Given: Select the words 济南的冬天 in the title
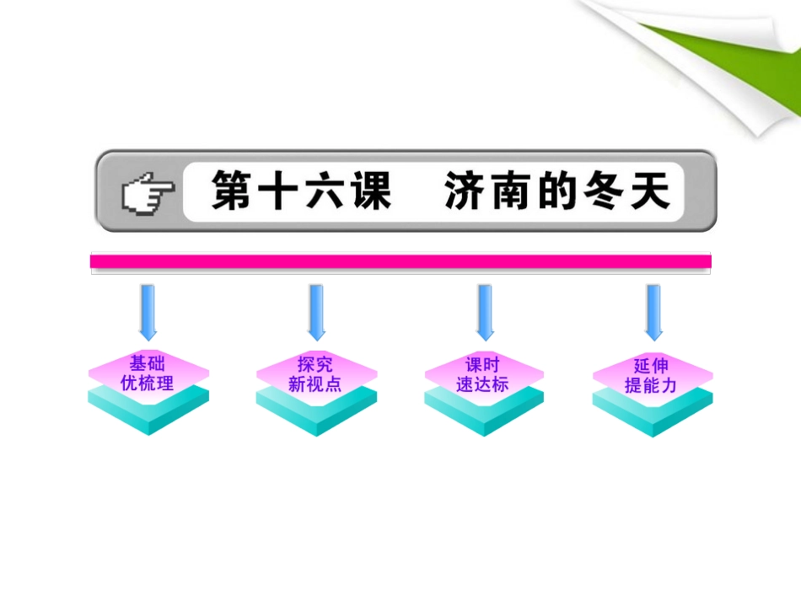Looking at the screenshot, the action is [x=557, y=191].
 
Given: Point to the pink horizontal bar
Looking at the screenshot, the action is [x=400, y=260].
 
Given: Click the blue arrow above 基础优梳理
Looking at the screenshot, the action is [x=148, y=311].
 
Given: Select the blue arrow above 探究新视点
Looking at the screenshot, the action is [x=316, y=311].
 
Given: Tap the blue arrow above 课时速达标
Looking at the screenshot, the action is [x=484, y=311].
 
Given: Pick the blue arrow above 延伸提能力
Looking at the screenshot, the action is [x=653, y=311].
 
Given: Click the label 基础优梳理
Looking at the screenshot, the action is [x=148, y=373].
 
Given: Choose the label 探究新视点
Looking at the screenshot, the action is [x=316, y=373].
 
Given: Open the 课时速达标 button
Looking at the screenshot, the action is [x=483, y=374].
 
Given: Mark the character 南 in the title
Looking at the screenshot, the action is [x=512, y=191].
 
